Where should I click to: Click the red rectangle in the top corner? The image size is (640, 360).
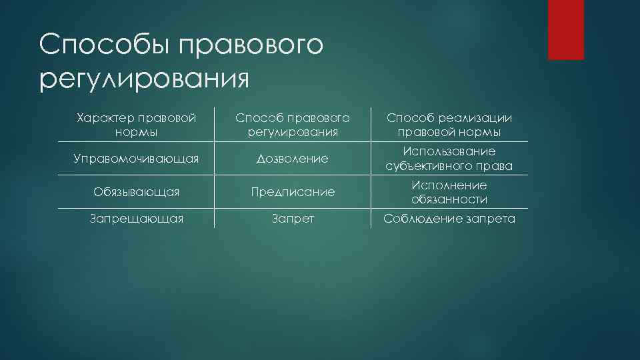(565, 29)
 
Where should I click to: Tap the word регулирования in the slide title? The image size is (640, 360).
(143, 77)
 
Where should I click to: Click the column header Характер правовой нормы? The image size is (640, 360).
(136, 125)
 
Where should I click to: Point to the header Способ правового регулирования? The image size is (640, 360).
(293, 125)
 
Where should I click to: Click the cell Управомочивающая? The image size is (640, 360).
(136, 159)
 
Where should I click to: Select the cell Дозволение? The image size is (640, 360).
(293, 159)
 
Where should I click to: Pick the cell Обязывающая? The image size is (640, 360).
(136, 192)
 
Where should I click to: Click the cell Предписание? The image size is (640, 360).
(293, 192)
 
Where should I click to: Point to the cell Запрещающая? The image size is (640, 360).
(136, 218)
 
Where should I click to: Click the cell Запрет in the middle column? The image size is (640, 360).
(293, 218)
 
